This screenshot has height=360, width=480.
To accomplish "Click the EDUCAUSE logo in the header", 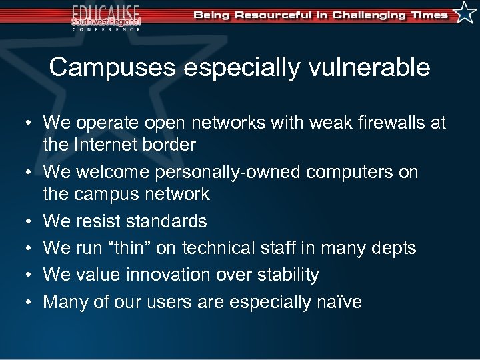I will pos(107,17).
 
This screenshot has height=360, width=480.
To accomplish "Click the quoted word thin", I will pos(153,248).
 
